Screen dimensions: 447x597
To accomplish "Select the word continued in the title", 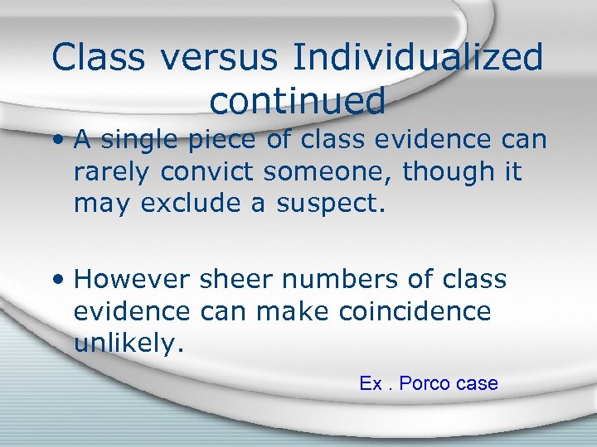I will pyautogui.click(x=298, y=101).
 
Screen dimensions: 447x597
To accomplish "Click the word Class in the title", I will pyautogui.click(x=103, y=58).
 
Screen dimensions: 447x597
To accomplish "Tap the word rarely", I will pyautogui.click(x=114, y=171).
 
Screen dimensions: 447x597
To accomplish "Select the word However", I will pyautogui.click(x=133, y=280).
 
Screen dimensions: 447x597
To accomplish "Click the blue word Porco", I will pyautogui.click(x=425, y=383).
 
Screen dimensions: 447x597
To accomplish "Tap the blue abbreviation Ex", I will pyautogui.click(x=370, y=383).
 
